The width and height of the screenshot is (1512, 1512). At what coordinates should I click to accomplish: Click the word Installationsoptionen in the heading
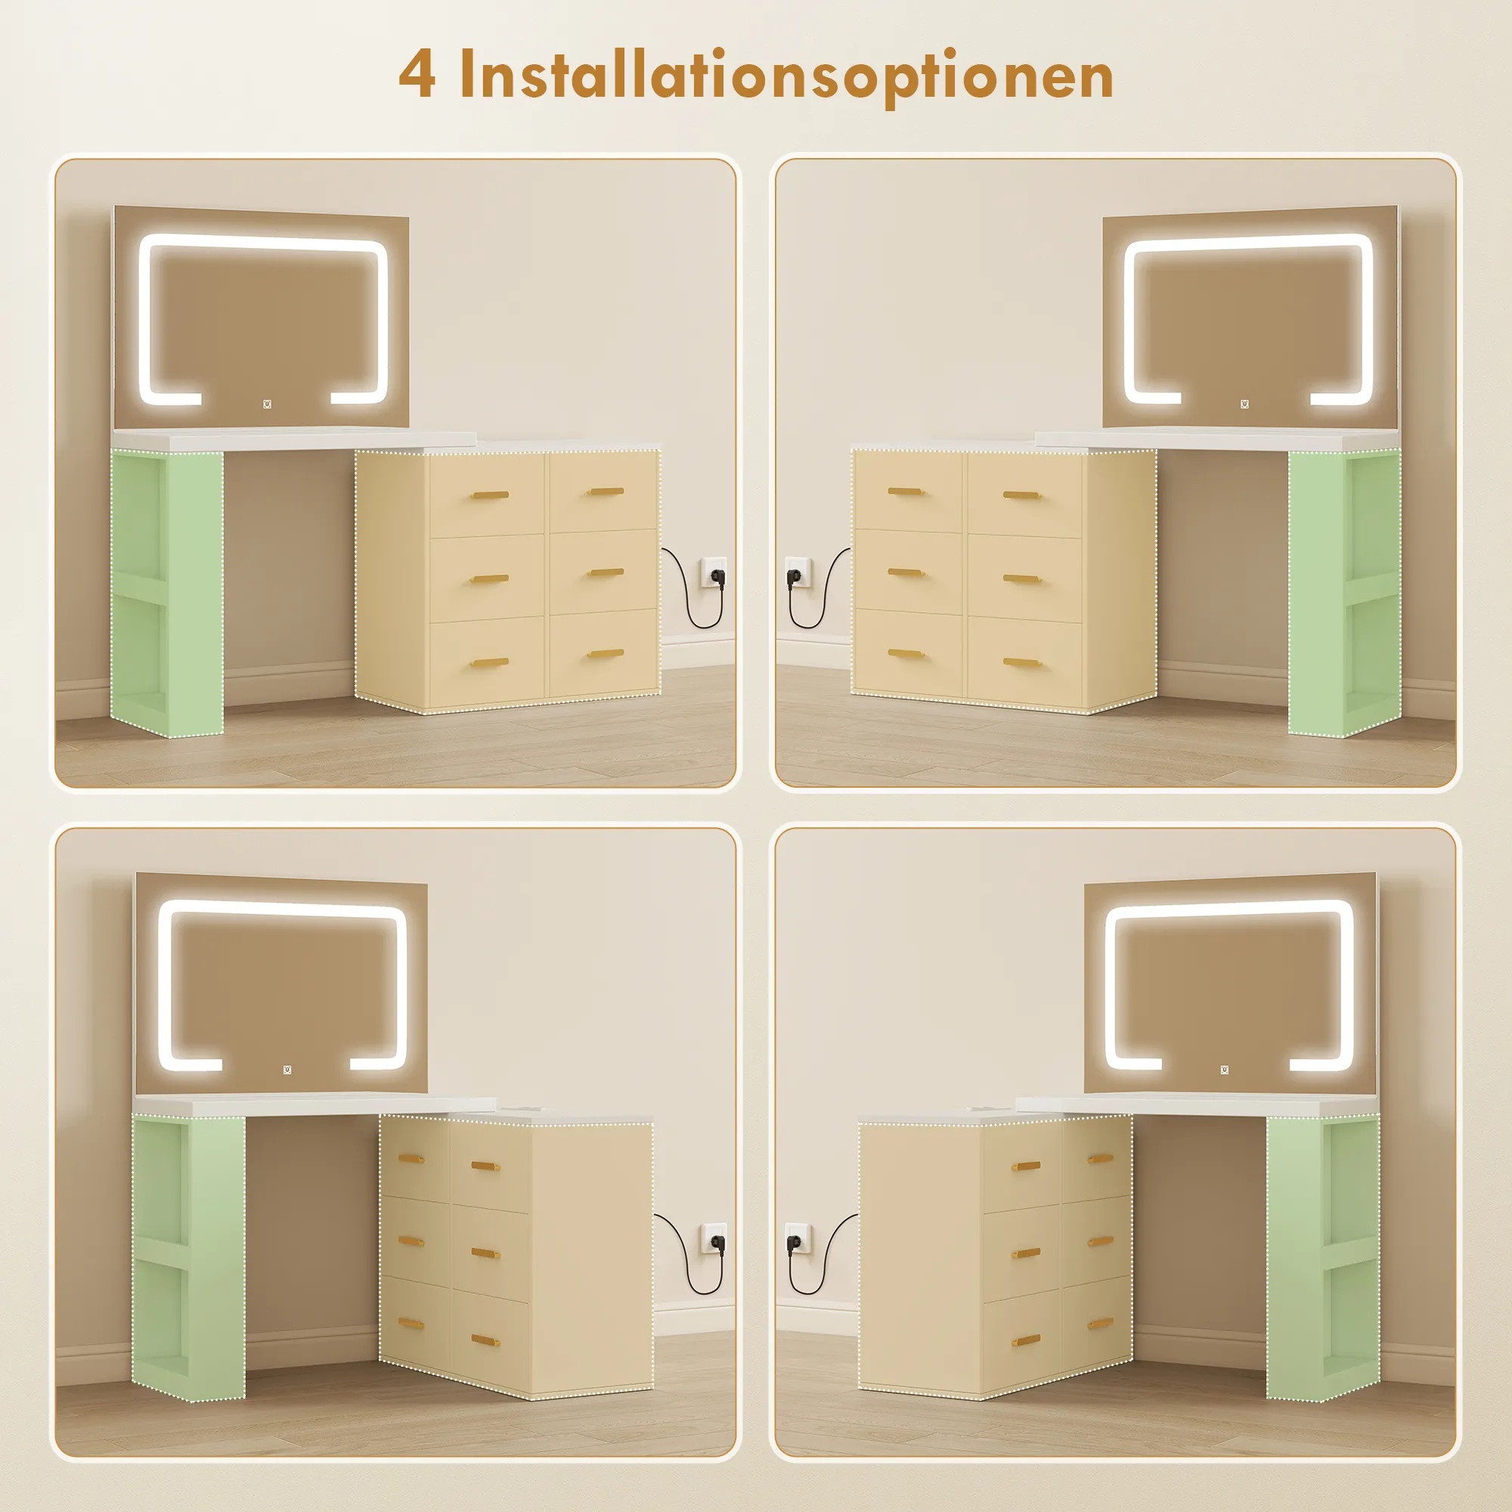pyautogui.click(x=785, y=76)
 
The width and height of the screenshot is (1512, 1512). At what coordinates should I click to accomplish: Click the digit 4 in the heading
pyautogui.click(x=417, y=74)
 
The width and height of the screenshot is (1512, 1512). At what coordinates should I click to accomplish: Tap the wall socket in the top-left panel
pyautogui.click(x=714, y=575)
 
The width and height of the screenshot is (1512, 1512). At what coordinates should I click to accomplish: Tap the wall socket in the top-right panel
pyautogui.click(x=798, y=575)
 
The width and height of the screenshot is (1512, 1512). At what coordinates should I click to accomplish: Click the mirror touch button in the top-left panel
pyautogui.click(x=268, y=404)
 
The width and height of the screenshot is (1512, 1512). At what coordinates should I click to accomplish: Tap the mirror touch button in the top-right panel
pyautogui.click(x=1245, y=404)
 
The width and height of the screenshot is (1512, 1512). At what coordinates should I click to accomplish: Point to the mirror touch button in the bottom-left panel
pyautogui.click(x=287, y=1070)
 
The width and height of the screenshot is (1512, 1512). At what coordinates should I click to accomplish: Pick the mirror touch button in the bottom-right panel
pyautogui.click(x=1225, y=1070)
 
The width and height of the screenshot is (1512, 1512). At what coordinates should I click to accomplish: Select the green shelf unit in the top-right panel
pyautogui.click(x=1344, y=593)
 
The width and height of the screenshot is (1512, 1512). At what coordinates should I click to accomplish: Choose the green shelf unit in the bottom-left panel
pyautogui.click(x=188, y=1259)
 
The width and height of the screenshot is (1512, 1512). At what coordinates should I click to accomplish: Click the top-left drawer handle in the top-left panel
pyautogui.click(x=490, y=494)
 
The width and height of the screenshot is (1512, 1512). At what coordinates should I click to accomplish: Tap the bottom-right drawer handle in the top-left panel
pyautogui.click(x=606, y=652)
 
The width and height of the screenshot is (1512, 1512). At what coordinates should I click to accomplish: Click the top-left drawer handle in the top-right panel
pyautogui.click(x=906, y=491)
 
